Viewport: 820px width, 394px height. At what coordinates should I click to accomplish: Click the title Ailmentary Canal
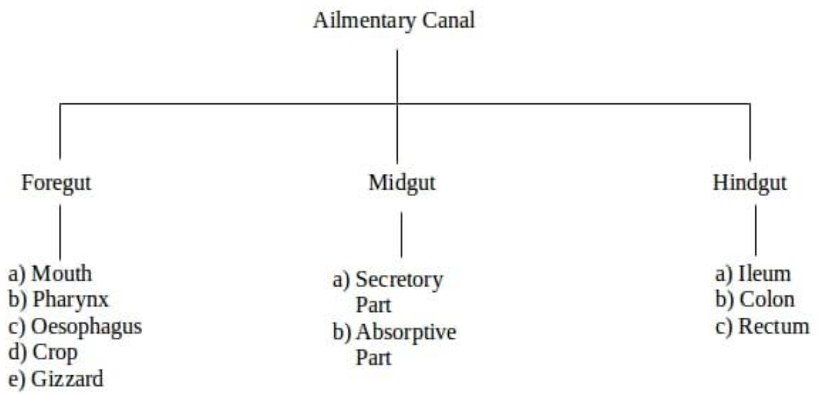393,20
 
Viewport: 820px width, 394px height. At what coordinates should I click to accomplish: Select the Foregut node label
56,183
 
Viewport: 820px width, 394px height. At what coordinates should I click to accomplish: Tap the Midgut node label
402,183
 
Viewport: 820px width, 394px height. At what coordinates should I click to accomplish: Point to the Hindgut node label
750,183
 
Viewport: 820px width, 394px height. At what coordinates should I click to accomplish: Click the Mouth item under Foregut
61,274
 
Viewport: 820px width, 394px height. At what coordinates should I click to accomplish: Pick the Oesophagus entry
87,326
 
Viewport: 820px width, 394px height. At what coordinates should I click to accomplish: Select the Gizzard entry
67,379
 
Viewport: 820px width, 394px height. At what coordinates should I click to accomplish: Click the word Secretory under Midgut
399,280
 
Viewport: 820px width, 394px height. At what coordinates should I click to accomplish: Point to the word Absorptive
405,333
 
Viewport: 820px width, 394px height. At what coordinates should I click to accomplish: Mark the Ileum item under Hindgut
764,274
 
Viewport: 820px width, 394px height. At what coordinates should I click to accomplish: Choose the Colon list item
766,300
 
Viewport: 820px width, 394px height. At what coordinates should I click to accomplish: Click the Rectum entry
773,326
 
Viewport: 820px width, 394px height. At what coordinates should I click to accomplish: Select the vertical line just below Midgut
402,234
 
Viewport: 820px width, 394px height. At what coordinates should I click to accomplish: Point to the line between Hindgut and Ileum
756,232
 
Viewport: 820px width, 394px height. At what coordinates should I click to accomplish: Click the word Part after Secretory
373,305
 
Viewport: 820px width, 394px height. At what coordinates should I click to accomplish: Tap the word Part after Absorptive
373,357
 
